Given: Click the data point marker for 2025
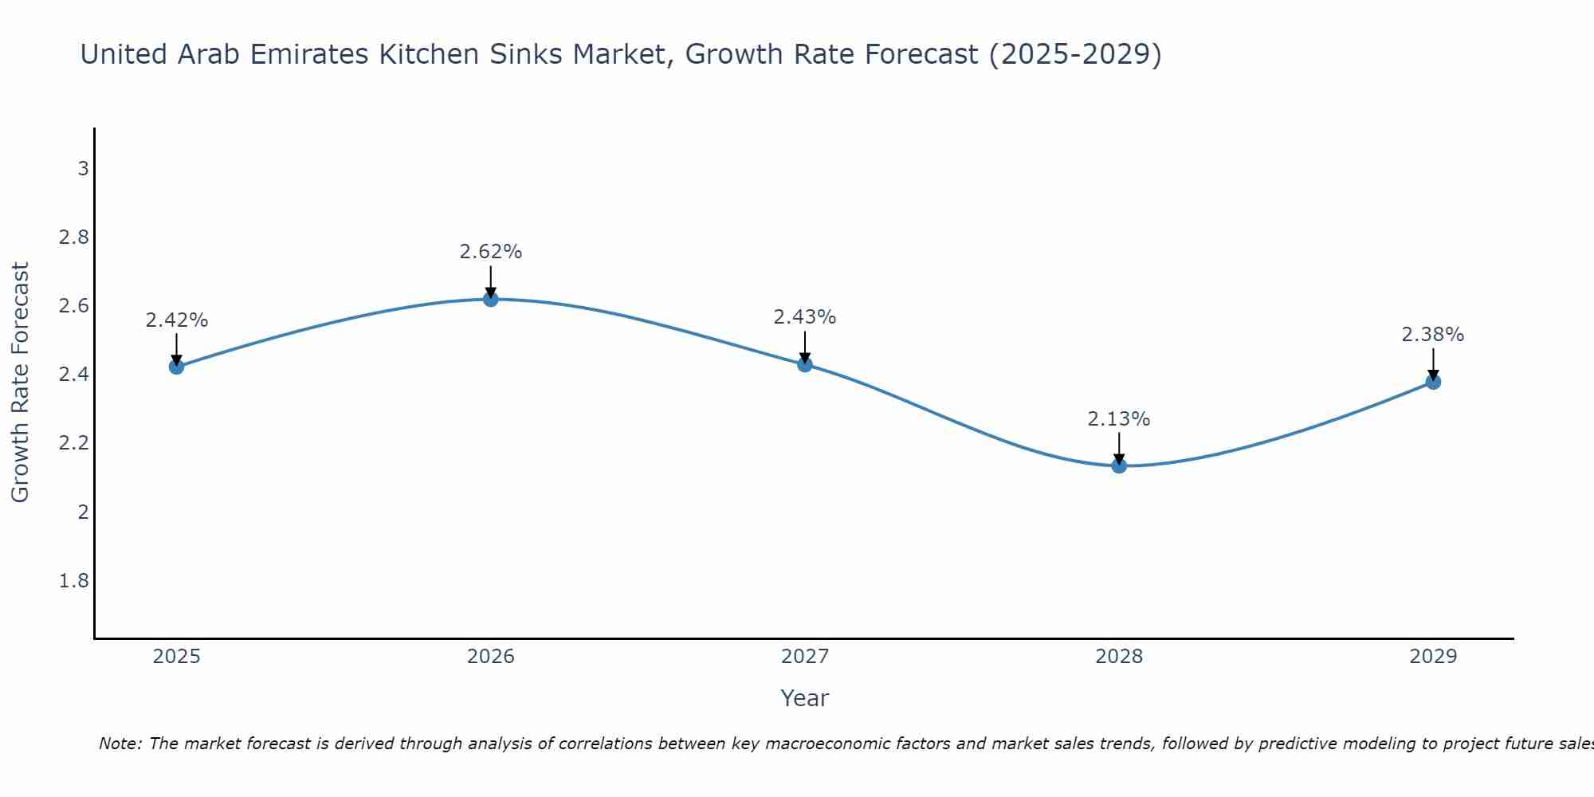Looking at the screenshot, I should pyautogui.click(x=176, y=367).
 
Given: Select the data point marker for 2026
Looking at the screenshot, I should pyautogui.click(x=491, y=299).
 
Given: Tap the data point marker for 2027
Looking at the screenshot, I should pyautogui.click(x=805, y=364).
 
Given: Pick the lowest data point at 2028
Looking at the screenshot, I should pyautogui.click(x=1119, y=465).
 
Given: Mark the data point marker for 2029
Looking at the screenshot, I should pyautogui.click(x=1433, y=382).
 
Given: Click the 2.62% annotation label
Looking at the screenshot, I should pyautogui.click(x=491, y=252).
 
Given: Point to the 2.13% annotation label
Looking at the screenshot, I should pyautogui.click(x=1119, y=419).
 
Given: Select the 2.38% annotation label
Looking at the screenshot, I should pyautogui.click(x=1433, y=335).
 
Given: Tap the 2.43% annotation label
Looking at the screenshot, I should pyautogui.click(x=805, y=317).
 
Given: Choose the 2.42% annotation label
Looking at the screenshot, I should pyautogui.click(x=176, y=320).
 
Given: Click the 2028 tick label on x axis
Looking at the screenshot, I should pyautogui.click(x=1119, y=657).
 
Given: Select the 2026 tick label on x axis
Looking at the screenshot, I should pyautogui.click(x=491, y=657).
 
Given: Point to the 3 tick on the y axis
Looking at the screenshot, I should pyautogui.click(x=83, y=169).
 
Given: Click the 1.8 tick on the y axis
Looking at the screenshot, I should pyautogui.click(x=74, y=581).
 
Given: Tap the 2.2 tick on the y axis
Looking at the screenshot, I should pyautogui.click(x=74, y=443).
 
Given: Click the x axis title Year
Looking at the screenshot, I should pyautogui.click(x=805, y=698).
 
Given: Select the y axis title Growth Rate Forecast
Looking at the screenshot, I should pyautogui.click(x=20, y=383).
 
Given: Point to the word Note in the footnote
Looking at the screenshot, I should pyautogui.click(x=120, y=744).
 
